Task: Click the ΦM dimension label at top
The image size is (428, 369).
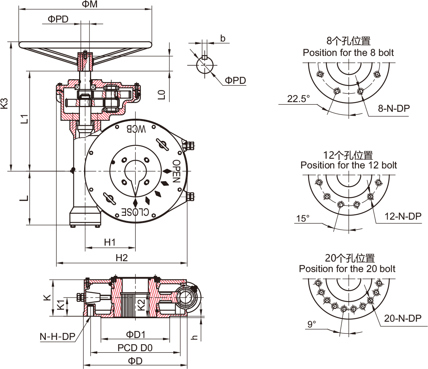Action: coord(90,4)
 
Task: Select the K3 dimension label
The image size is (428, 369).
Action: coord(4,103)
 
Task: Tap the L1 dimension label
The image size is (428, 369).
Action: coord(24,119)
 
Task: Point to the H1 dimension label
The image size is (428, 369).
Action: coord(110,243)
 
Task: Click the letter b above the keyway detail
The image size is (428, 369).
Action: coord(223,38)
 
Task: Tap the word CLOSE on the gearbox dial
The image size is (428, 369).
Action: coord(136,212)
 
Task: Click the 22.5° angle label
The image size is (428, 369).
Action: coord(299,99)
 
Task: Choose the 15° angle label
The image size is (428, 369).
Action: coord(303,218)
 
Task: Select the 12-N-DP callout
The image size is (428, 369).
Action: coord(403,216)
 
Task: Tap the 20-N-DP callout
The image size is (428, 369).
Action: coord(403,319)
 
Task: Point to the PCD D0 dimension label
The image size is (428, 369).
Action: coord(135,348)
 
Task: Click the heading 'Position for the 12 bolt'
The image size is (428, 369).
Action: coord(349,165)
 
